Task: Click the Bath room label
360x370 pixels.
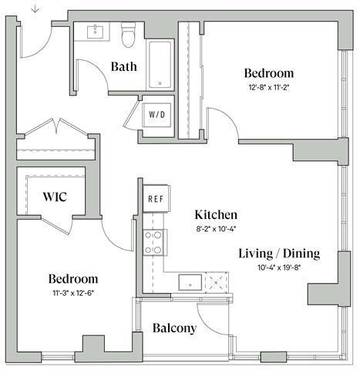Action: (123, 66)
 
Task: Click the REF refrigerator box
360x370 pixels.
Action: (154, 199)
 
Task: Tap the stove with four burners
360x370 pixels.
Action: (155, 242)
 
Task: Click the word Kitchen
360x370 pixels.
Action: (215, 215)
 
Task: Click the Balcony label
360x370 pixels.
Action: (173, 328)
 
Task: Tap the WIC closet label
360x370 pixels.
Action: (54, 197)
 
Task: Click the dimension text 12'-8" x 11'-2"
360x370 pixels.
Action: (268, 87)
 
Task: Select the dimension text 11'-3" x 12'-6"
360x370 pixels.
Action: (72, 293)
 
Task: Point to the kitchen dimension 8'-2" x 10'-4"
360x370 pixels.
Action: (215, 229)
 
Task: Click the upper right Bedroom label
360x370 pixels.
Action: (268, 73)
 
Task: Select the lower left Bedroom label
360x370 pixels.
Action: (72, 278)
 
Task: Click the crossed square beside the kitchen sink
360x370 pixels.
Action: (219, 281)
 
